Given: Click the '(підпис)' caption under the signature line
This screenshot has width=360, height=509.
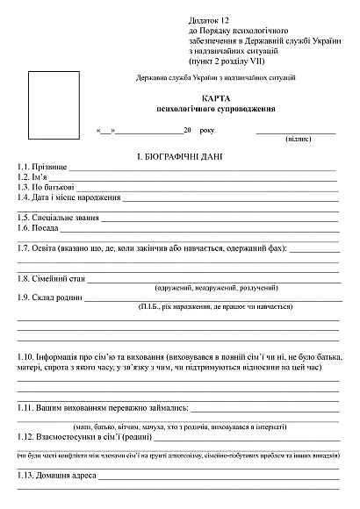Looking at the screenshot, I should (x=298, y=139).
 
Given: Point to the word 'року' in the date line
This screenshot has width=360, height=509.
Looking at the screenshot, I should (x=206, y=130).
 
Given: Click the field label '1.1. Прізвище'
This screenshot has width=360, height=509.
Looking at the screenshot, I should (x=41, y=167).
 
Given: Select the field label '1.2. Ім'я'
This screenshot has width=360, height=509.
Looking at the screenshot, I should (x=34, y=177).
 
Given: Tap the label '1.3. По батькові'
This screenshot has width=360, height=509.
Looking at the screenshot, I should (x=46, y=187).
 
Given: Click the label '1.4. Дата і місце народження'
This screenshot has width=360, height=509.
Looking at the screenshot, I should (x=68, y=197).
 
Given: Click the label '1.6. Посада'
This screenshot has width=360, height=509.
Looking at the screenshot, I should (x=38, y=227).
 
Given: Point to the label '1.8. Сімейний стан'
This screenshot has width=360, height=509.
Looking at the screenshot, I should (x=52, y=278).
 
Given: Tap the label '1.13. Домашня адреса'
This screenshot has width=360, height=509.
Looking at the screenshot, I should (x=56, y=476).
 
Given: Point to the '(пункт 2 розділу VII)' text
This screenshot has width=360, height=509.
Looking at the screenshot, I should (x=226, y=61).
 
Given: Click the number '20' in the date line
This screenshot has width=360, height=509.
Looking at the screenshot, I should (x=187, y=130).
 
